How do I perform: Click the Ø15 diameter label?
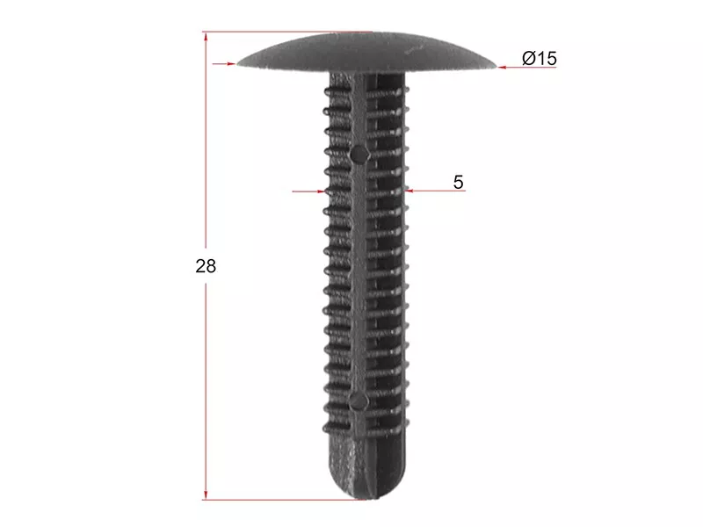pyautogui.click(x=540, y=58)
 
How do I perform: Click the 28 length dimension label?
pyautogui.click(x=206, y=266)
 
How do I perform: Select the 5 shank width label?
pyautogui.click(x=458, y=182)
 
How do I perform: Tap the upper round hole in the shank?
pyautogui.click(x=359, y=155)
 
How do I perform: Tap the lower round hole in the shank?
pyautogui.click(x=359, y=401)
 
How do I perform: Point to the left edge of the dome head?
pyautogui.click(x=238, y=63)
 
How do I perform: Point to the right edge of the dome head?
pyautogui.click(x=495, y=67)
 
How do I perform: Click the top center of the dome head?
pyautogui.click(x=366, y=33)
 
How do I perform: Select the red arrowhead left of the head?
pyautogui.click(x=231, y=63)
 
